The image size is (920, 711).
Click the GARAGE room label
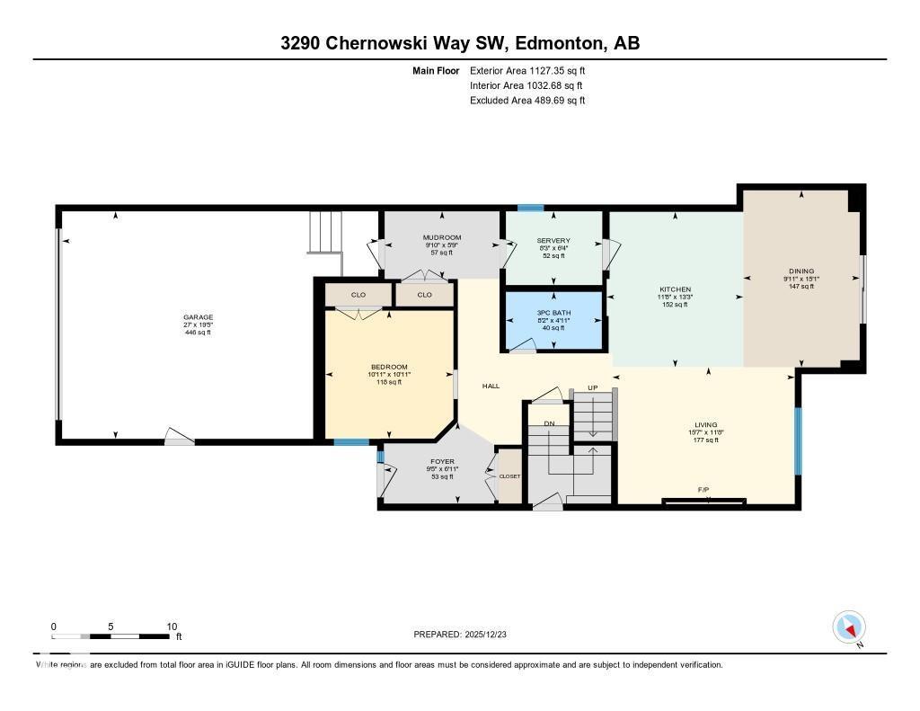[x=198, y=316]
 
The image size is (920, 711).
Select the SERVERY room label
[x=553, y=240]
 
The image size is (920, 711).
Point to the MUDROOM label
[x=442, y=237]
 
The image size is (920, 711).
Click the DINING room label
[x=801, y=271]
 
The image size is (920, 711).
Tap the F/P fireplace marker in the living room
[x=703, y=490]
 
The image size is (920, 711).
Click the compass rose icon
[x=849, y=627]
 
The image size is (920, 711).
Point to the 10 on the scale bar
[x=172, y=627]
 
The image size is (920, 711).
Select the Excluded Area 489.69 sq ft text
[x=527, y=101]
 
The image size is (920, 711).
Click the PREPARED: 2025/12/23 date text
[x=459, y=635]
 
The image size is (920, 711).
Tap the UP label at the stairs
[x=592, y=387]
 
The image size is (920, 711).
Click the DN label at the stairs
[x=548, y=422]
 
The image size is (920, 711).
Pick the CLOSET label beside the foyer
[x=509, y=475]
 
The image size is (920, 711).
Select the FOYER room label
[x=442, y=461]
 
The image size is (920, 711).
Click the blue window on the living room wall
[x=796, y=440]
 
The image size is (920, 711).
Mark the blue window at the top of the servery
[x=530, y=209]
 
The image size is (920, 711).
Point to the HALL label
[x=491, y=386]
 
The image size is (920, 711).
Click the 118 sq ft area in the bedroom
[x=390, y=382]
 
